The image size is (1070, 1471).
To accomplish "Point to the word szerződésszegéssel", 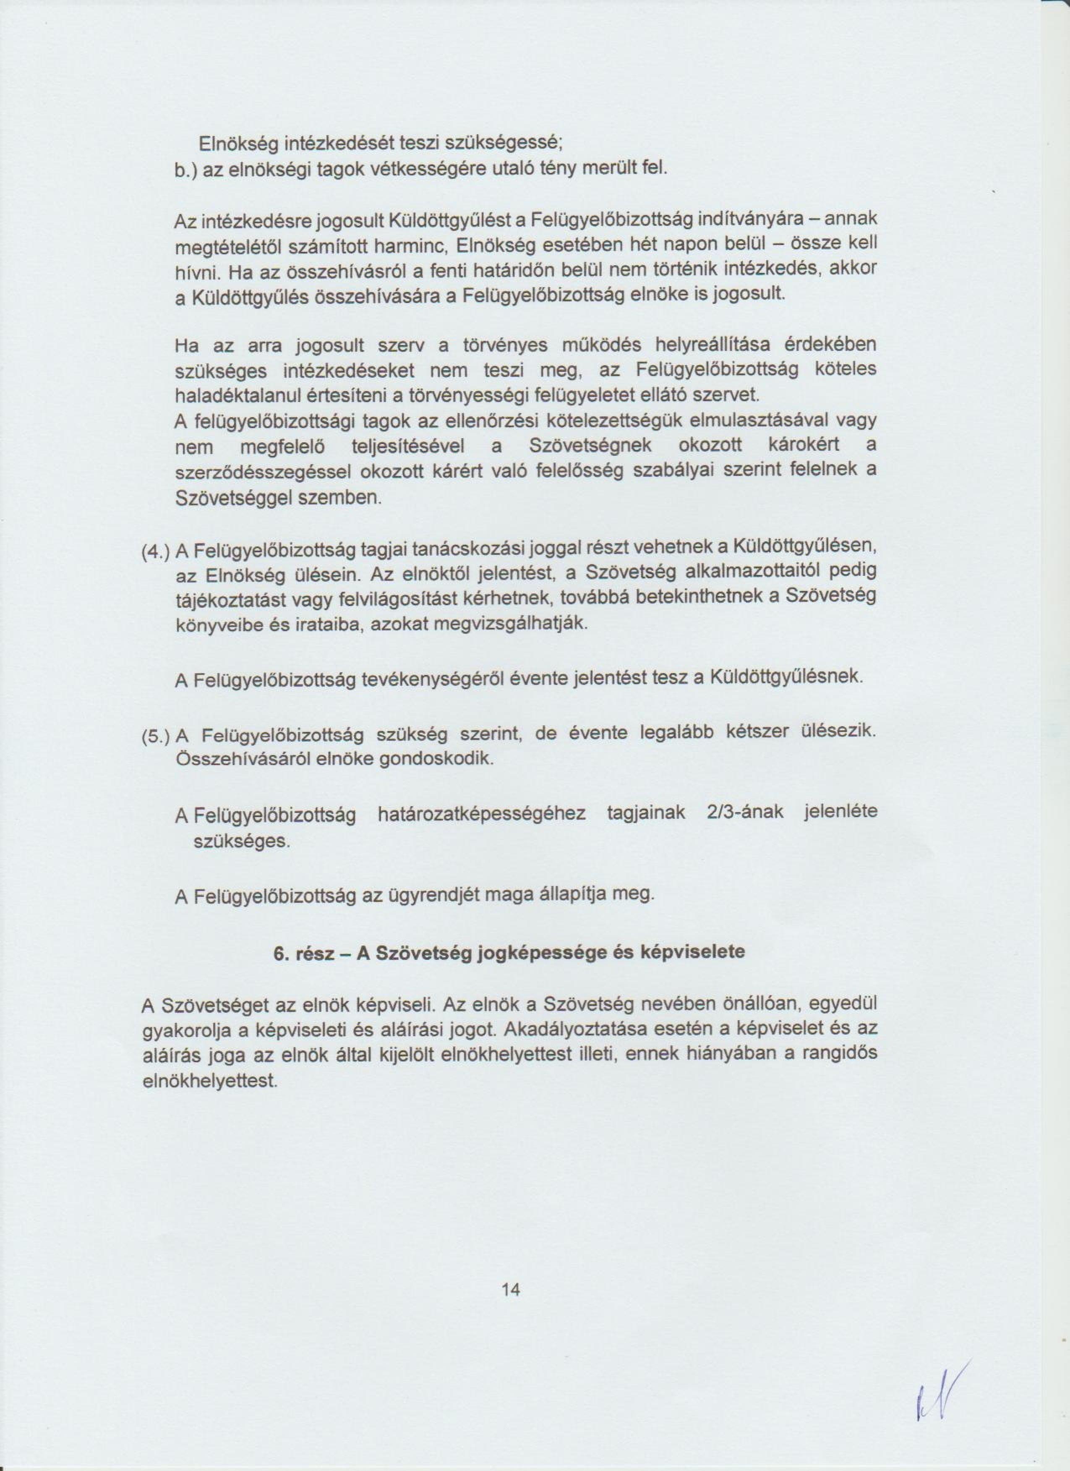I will [263, 472].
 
